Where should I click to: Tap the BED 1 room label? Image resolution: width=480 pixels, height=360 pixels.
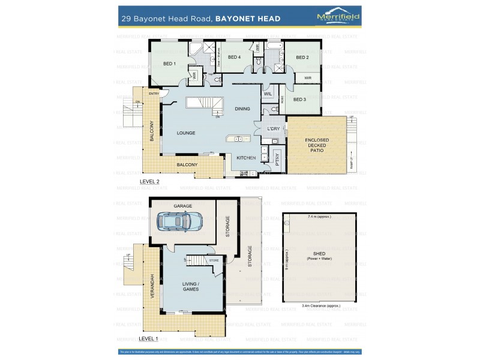[x=169, y=64]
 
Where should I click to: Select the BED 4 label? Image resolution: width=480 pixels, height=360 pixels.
[x=234, y=58]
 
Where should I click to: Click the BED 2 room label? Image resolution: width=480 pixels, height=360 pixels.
[x=302, y=58]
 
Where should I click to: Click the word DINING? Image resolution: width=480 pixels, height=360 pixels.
[x=242, y=109]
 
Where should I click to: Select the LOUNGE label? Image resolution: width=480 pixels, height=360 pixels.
[x=186, y=133]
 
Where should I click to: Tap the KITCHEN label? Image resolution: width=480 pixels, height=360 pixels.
[x=246, y=158]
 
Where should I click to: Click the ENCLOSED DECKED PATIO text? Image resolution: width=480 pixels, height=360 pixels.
[x=317, y=145]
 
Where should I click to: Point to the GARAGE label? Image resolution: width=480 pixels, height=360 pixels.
[x=183, y=206]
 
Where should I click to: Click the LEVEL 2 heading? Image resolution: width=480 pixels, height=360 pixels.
[x=149, y=181]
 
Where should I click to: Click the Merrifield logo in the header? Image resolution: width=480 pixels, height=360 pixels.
[x=338, y=18]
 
